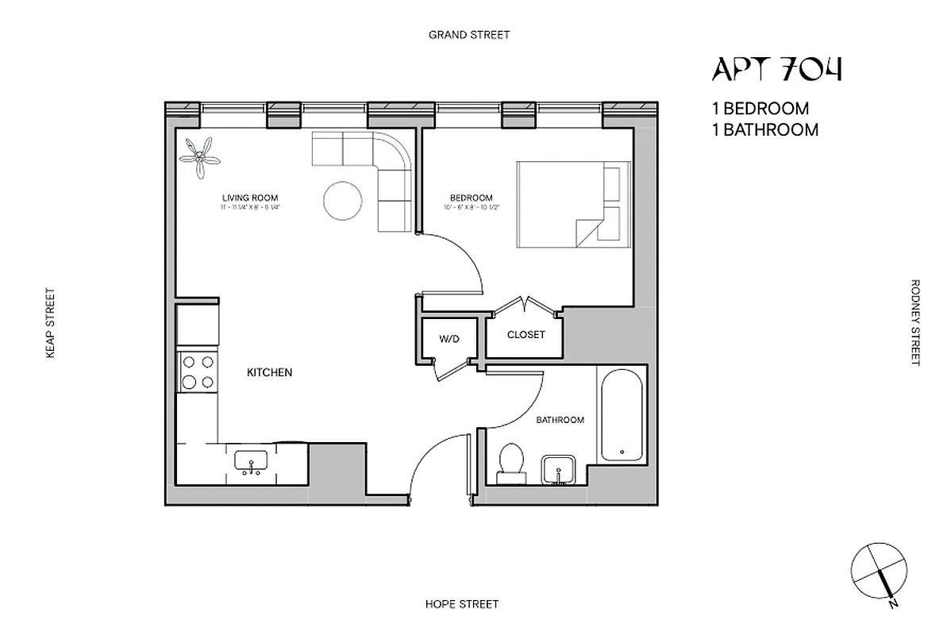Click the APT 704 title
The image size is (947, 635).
[x=776, y=70]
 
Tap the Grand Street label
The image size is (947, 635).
[x=469, y=35]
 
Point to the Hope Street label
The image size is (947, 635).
[x=462, y=604]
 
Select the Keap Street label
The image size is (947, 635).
[x=50, y=322]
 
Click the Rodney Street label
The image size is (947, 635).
[x=914, y=322]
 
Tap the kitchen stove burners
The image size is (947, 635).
[x=198, y=371]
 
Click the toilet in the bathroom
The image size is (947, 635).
[x=510, y=464]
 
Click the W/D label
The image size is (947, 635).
[x=448, y=339]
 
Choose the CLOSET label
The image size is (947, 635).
[x=525, y=335]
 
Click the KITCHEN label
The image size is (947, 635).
[x=270, y=372]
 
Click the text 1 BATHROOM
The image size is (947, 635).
[x=765, y=130]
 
